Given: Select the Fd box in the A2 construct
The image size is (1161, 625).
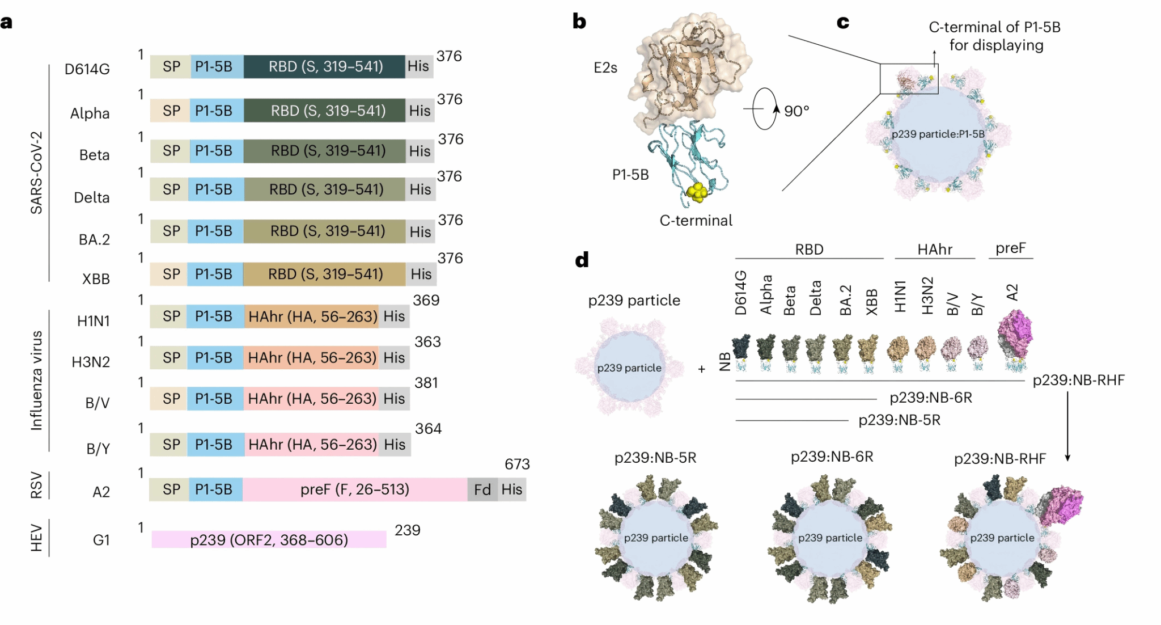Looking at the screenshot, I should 482,489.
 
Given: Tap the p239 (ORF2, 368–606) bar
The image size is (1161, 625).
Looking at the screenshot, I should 269,539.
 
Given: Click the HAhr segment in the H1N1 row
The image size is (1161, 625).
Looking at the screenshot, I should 312,316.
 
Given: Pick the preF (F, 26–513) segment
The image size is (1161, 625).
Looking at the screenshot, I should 355,489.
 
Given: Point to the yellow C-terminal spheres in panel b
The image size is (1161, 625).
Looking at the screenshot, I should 697,192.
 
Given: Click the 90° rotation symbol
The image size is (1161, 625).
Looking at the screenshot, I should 765,109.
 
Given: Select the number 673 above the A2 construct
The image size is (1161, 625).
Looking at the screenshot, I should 517,464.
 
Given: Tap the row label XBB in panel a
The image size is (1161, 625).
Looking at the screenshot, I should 96,279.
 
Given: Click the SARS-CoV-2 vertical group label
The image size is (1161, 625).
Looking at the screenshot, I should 36,172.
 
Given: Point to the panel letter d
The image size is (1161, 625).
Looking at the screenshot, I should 582,260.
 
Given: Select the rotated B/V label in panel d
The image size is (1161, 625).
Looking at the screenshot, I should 953,304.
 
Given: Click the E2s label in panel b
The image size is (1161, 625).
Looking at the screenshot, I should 605,68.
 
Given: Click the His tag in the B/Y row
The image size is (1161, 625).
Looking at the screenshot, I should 395,445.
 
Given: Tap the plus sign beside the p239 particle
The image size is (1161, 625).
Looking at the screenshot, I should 702,369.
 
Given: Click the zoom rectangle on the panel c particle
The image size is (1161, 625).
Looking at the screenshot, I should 909,79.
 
